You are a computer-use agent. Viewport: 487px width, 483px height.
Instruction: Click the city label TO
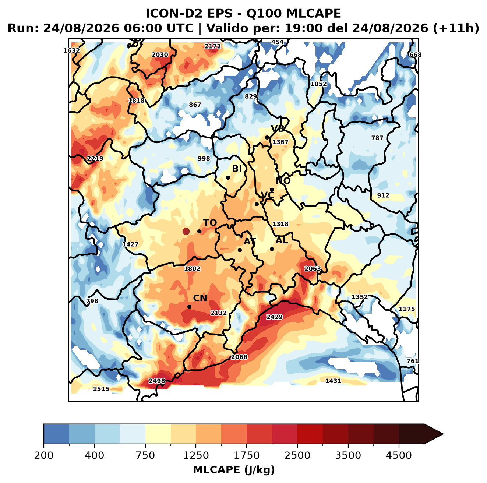click(210, 223)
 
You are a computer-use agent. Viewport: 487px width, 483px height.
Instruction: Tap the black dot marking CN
click(189, 307)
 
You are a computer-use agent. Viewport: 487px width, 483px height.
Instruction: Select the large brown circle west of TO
click(186, 231)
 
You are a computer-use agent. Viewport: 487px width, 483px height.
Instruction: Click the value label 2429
click(275, 317)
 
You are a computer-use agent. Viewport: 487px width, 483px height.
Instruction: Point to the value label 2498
click(157, 381)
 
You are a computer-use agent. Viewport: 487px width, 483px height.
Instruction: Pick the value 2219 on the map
click(95, 158)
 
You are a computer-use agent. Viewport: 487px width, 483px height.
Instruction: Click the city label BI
click(237, 169)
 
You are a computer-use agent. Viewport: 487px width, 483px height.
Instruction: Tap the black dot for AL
click(272, 249)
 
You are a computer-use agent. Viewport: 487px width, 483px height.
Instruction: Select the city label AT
click(250, 241)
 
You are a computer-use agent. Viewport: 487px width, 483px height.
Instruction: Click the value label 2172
click(213, 46)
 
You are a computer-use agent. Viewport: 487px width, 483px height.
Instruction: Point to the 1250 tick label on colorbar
click(196, 455)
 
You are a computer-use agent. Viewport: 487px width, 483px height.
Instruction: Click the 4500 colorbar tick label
click(399, 455)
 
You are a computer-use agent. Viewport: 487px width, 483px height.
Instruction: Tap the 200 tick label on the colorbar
click(44, 455)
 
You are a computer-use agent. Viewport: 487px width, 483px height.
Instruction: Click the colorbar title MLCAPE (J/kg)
click(234, 470)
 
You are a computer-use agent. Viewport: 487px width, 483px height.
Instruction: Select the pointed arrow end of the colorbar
click(443, 434)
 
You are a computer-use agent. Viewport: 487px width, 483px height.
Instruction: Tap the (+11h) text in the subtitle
click(456, 28)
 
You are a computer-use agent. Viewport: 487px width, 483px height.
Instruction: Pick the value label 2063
click(313, 269)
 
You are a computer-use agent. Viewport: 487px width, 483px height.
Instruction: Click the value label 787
click(377, 138)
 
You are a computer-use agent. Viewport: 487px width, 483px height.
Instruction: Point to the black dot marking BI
click(228, 178)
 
